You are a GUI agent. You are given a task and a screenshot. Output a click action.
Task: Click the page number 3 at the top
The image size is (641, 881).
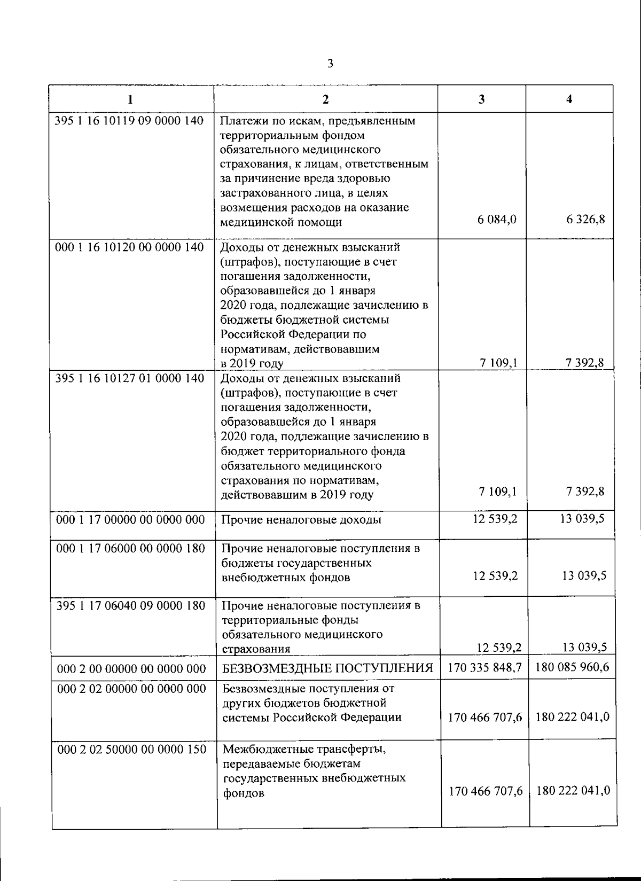(x=330, y=65)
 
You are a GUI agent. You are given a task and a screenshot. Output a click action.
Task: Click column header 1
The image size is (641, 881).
(x=130, y=99)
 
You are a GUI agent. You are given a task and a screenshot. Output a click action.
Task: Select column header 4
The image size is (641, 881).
(x=569, y=99)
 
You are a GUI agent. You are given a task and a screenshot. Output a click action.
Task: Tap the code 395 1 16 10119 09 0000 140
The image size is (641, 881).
(x=130, y=121)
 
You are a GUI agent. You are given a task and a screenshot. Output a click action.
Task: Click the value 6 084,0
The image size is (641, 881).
(x=497, y=220)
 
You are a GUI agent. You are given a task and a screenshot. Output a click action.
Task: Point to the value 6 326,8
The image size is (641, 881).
(x=586, y=220)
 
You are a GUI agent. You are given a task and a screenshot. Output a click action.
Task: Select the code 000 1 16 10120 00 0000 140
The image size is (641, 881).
(x=130, y=247)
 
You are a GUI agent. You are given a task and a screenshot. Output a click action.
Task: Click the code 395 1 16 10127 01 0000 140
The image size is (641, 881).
(x=130, y=378)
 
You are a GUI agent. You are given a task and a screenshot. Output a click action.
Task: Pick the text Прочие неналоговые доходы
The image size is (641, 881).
(x=301, y=520)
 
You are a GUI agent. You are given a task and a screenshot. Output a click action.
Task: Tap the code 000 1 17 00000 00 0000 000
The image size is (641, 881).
(x=130, y=520)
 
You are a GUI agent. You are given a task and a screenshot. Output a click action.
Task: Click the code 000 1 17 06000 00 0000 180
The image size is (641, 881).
(x=130, y=548)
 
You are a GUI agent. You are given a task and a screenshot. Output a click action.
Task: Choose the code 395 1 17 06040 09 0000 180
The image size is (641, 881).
(x=130, y=605)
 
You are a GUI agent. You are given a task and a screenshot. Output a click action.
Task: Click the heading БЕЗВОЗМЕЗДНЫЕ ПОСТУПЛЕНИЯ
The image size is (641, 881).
(x=327, y=668)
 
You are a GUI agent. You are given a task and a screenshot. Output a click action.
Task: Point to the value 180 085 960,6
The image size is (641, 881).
(x=572, y=667)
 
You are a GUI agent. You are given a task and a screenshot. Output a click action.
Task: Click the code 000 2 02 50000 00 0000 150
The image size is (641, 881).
(x=131, y=750)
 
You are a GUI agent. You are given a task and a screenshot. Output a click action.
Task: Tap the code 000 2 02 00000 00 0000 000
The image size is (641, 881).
(x=131, y=689)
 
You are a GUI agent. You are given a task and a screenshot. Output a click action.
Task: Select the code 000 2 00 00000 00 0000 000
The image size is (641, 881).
(x=131, y=669)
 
